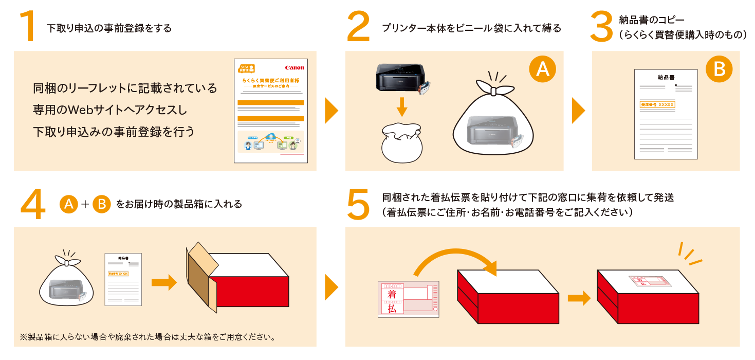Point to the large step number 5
click(x=358, y=204)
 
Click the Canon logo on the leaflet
click(x=294, y=68)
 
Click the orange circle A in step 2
click(x=543, y=69)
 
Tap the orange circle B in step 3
click(x=720, y=69)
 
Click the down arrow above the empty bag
click(x=402, y=106)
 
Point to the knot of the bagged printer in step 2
click(x=494, y=91)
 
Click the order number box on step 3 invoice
click(x=657, y=104)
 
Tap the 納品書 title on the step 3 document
click(x=666, y=77)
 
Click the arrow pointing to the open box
click(x=164, y=282)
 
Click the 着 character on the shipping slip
click(x=392, y=294)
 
